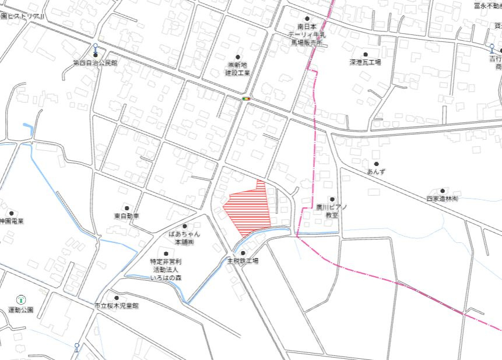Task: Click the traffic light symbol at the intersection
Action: [x=246, y=98]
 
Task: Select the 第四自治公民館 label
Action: [x=95, y=62]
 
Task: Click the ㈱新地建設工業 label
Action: [x=237, y=69]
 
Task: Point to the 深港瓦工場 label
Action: [x=365, y=62]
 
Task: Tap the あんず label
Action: [x=376, y=172]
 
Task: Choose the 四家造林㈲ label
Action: [x=443, y=199]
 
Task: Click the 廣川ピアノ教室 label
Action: [x=332, y=211]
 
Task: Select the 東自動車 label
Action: [x=127, y=216]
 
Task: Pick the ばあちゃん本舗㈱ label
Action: [x=184, y=237]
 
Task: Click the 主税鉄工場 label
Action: [x=243, y=261]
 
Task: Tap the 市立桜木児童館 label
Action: [x=117, y=305]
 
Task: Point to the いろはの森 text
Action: [x=167, y=278]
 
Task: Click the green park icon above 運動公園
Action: [x=21, y=299]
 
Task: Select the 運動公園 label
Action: [x=21, y=309]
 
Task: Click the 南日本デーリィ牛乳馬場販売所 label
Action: [x=307, y=34]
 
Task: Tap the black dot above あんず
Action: [x=376, y=164]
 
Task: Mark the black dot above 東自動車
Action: [x=127, y=208]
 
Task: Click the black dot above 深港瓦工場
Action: [x=366, y=54]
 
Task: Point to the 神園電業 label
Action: [x=12, y=221]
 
